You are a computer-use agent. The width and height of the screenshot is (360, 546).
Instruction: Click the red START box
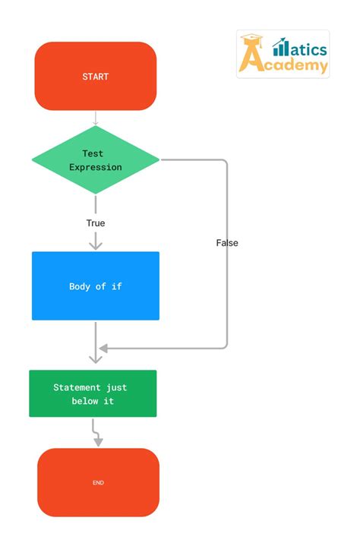click(95, 76)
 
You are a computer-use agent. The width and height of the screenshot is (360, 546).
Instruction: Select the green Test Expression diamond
click(95, 160)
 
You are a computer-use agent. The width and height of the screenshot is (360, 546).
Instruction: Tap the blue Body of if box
click(95, 286)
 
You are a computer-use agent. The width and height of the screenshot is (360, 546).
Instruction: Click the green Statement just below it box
click(93, 393)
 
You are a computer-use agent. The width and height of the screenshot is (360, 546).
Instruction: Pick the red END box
click(98, 482)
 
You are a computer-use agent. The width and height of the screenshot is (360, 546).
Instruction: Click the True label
click(96, 223)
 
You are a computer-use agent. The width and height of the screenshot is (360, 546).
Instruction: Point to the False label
click(226, 243)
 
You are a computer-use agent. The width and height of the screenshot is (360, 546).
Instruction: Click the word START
click(95, 77)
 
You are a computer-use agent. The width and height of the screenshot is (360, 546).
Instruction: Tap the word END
click(98, 482)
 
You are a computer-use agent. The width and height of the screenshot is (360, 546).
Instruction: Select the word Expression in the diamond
click(95, 167)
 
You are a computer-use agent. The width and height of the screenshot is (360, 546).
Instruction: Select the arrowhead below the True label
click(96, 244)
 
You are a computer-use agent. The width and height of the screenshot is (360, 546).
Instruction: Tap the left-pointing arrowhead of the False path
click(103, 348)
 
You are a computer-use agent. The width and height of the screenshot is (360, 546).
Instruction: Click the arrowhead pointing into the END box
click(98, 441)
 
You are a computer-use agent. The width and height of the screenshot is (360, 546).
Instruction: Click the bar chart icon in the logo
click(281, 47)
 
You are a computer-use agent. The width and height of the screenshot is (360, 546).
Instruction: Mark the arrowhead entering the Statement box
click(96, 357)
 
